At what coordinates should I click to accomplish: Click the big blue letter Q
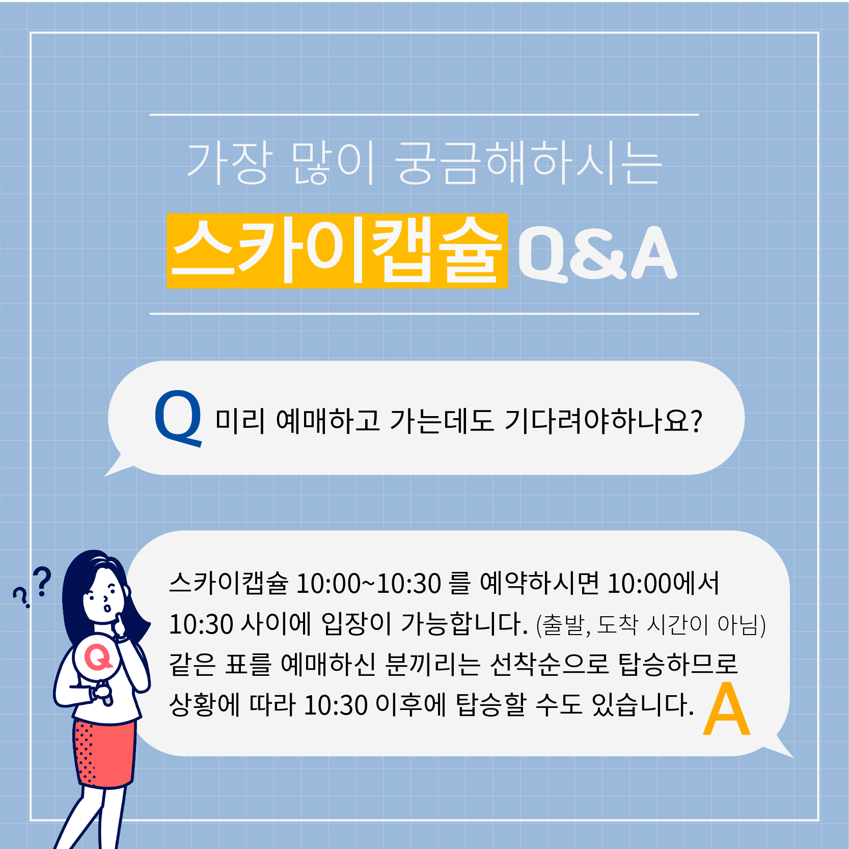click(x=178, y=418)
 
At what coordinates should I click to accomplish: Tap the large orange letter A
click(x=727, y=709)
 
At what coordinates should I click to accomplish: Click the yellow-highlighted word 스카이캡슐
click(x=337, y=251)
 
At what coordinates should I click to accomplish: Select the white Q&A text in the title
click(x=597, y=253)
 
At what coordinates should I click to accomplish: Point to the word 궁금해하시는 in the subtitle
click(x=529, y=162)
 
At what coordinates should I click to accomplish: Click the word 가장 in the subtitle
click(x=228, y=162)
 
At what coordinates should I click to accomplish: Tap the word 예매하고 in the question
click(x=327, y=421)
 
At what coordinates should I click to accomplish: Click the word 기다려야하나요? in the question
click(x=603, y=421)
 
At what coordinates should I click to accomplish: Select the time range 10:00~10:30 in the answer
click(x=368, y=584)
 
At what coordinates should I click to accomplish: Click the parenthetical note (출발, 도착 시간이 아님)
click(x=651, y=625)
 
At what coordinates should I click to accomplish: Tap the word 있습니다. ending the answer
click(x=643, y=705)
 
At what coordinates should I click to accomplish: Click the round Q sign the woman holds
click(x=97, y=658)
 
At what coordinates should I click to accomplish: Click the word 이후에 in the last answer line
click(x=410, y=705)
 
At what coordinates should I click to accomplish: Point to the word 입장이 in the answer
click(x=357, y=624)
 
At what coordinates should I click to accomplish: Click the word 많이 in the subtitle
click(x=333, y=162)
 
